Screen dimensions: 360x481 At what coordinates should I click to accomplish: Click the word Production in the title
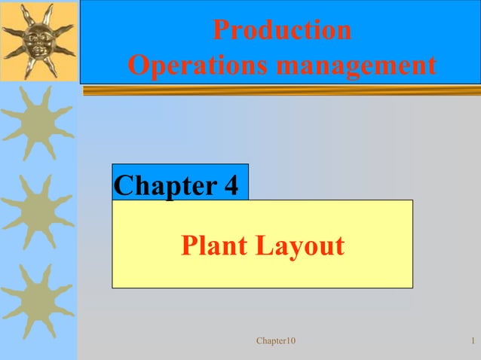point(281,29)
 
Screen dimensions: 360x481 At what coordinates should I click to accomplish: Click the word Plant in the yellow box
point(213,246)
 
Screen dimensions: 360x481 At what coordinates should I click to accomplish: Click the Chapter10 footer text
point(276,342)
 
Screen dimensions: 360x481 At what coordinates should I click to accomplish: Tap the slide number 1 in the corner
point(471,342)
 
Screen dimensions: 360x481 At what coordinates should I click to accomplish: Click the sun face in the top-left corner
point(38,39)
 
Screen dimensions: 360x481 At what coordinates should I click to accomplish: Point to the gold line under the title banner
point(279,91)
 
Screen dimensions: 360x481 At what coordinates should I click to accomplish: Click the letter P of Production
point(220,29)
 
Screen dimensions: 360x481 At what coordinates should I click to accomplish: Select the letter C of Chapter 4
point(122,185)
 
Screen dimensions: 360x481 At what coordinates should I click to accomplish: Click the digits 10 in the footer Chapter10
point(290,342)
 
